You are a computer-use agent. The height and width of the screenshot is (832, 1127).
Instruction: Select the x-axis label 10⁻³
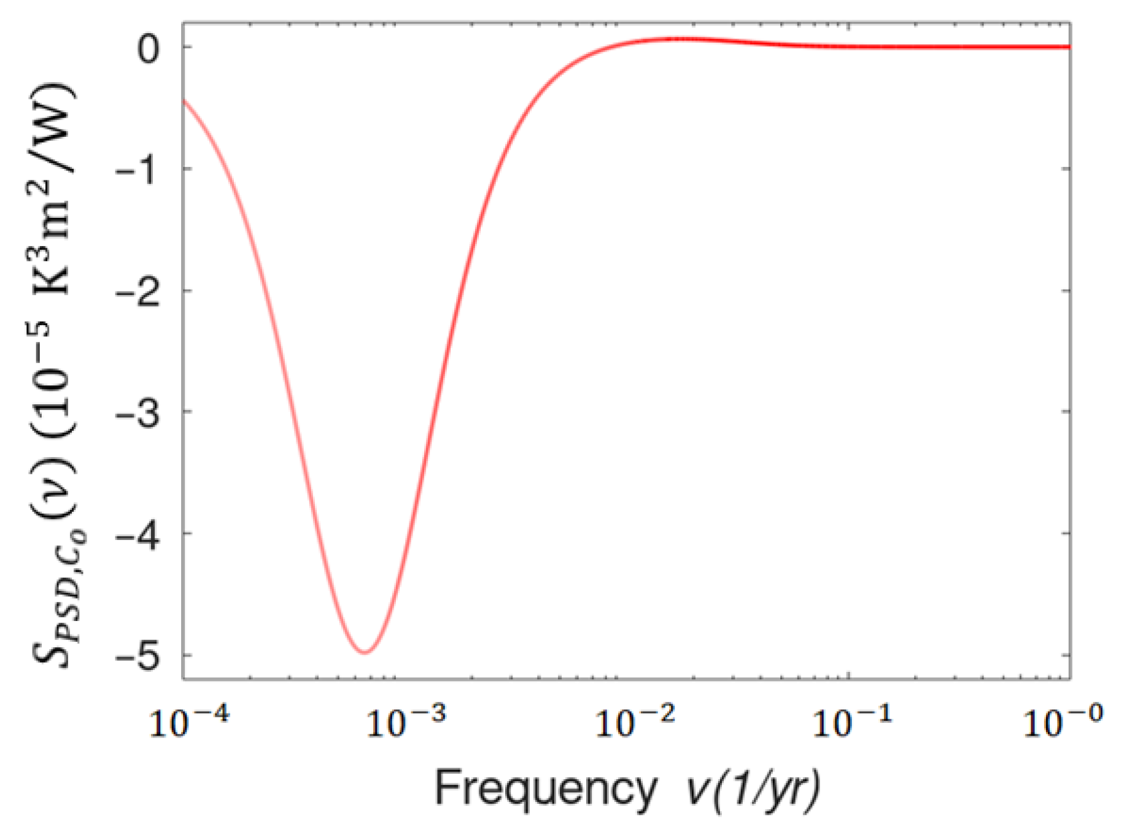tap(406, 722)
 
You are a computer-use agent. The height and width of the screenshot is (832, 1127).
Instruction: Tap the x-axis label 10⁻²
tap(635, 722)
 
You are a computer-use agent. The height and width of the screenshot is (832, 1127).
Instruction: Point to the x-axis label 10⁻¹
tap(852, 722)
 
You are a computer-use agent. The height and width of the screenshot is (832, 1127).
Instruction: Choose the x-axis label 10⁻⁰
tap(1063, 722)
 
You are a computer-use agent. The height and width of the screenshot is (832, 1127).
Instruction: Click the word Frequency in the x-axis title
tap(546, 789)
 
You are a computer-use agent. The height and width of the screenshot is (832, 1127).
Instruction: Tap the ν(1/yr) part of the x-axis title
tap(753, 789)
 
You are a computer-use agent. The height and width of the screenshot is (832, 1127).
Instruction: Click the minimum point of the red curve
tap(365, 652)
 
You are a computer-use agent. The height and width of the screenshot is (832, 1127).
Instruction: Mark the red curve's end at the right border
tap(1069, 47)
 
